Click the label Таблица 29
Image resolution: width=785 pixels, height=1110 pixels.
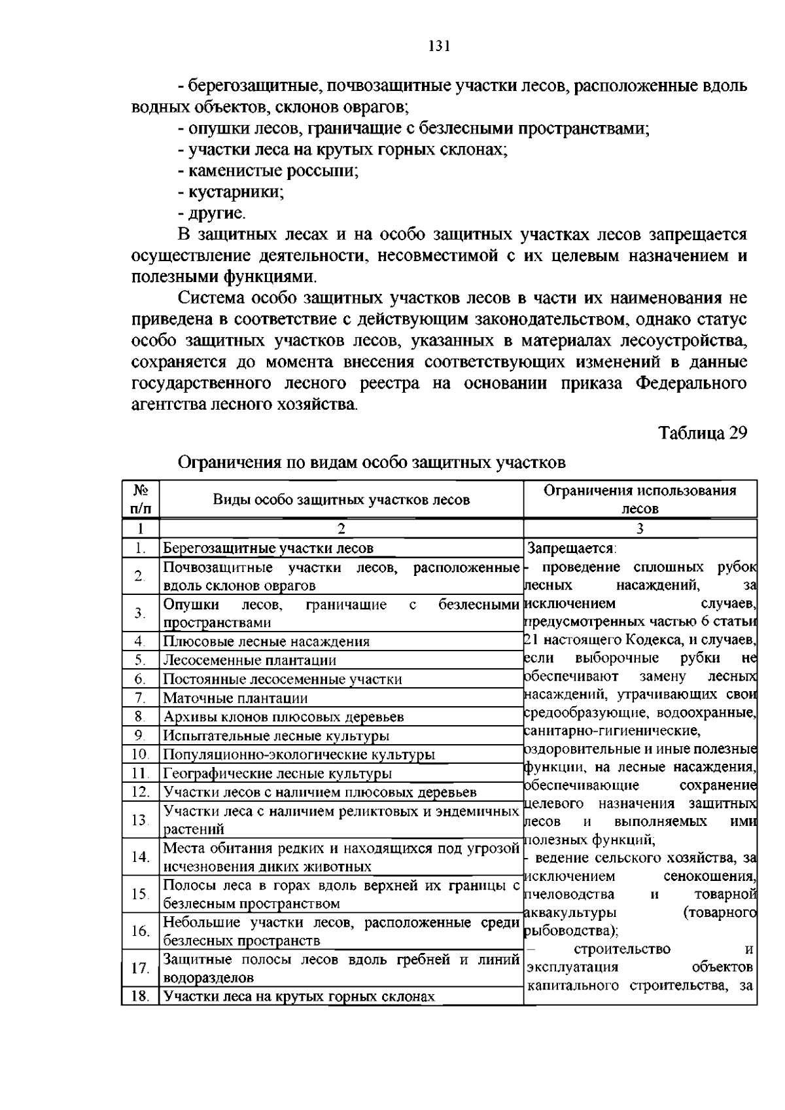(x=702, y=433)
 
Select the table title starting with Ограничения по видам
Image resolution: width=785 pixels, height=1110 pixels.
(x=372, y=463)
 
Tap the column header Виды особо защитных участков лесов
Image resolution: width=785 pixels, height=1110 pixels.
(x=341, y=500)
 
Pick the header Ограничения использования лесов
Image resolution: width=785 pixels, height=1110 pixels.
(x=640, y=499)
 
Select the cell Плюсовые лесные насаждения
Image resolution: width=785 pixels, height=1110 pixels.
(x=266, y=641)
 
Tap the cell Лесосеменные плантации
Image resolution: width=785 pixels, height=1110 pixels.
(x=249, y=660)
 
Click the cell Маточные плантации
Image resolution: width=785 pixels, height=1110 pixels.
(x=235, y=698)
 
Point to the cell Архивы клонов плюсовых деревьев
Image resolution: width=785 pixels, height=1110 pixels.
(x=283, y=717)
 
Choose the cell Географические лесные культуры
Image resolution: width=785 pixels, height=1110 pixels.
(x=277, y=774)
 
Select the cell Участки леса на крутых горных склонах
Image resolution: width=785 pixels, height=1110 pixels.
(x=299, y=997)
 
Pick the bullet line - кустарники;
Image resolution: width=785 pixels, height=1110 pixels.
(x=230, y=192)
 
